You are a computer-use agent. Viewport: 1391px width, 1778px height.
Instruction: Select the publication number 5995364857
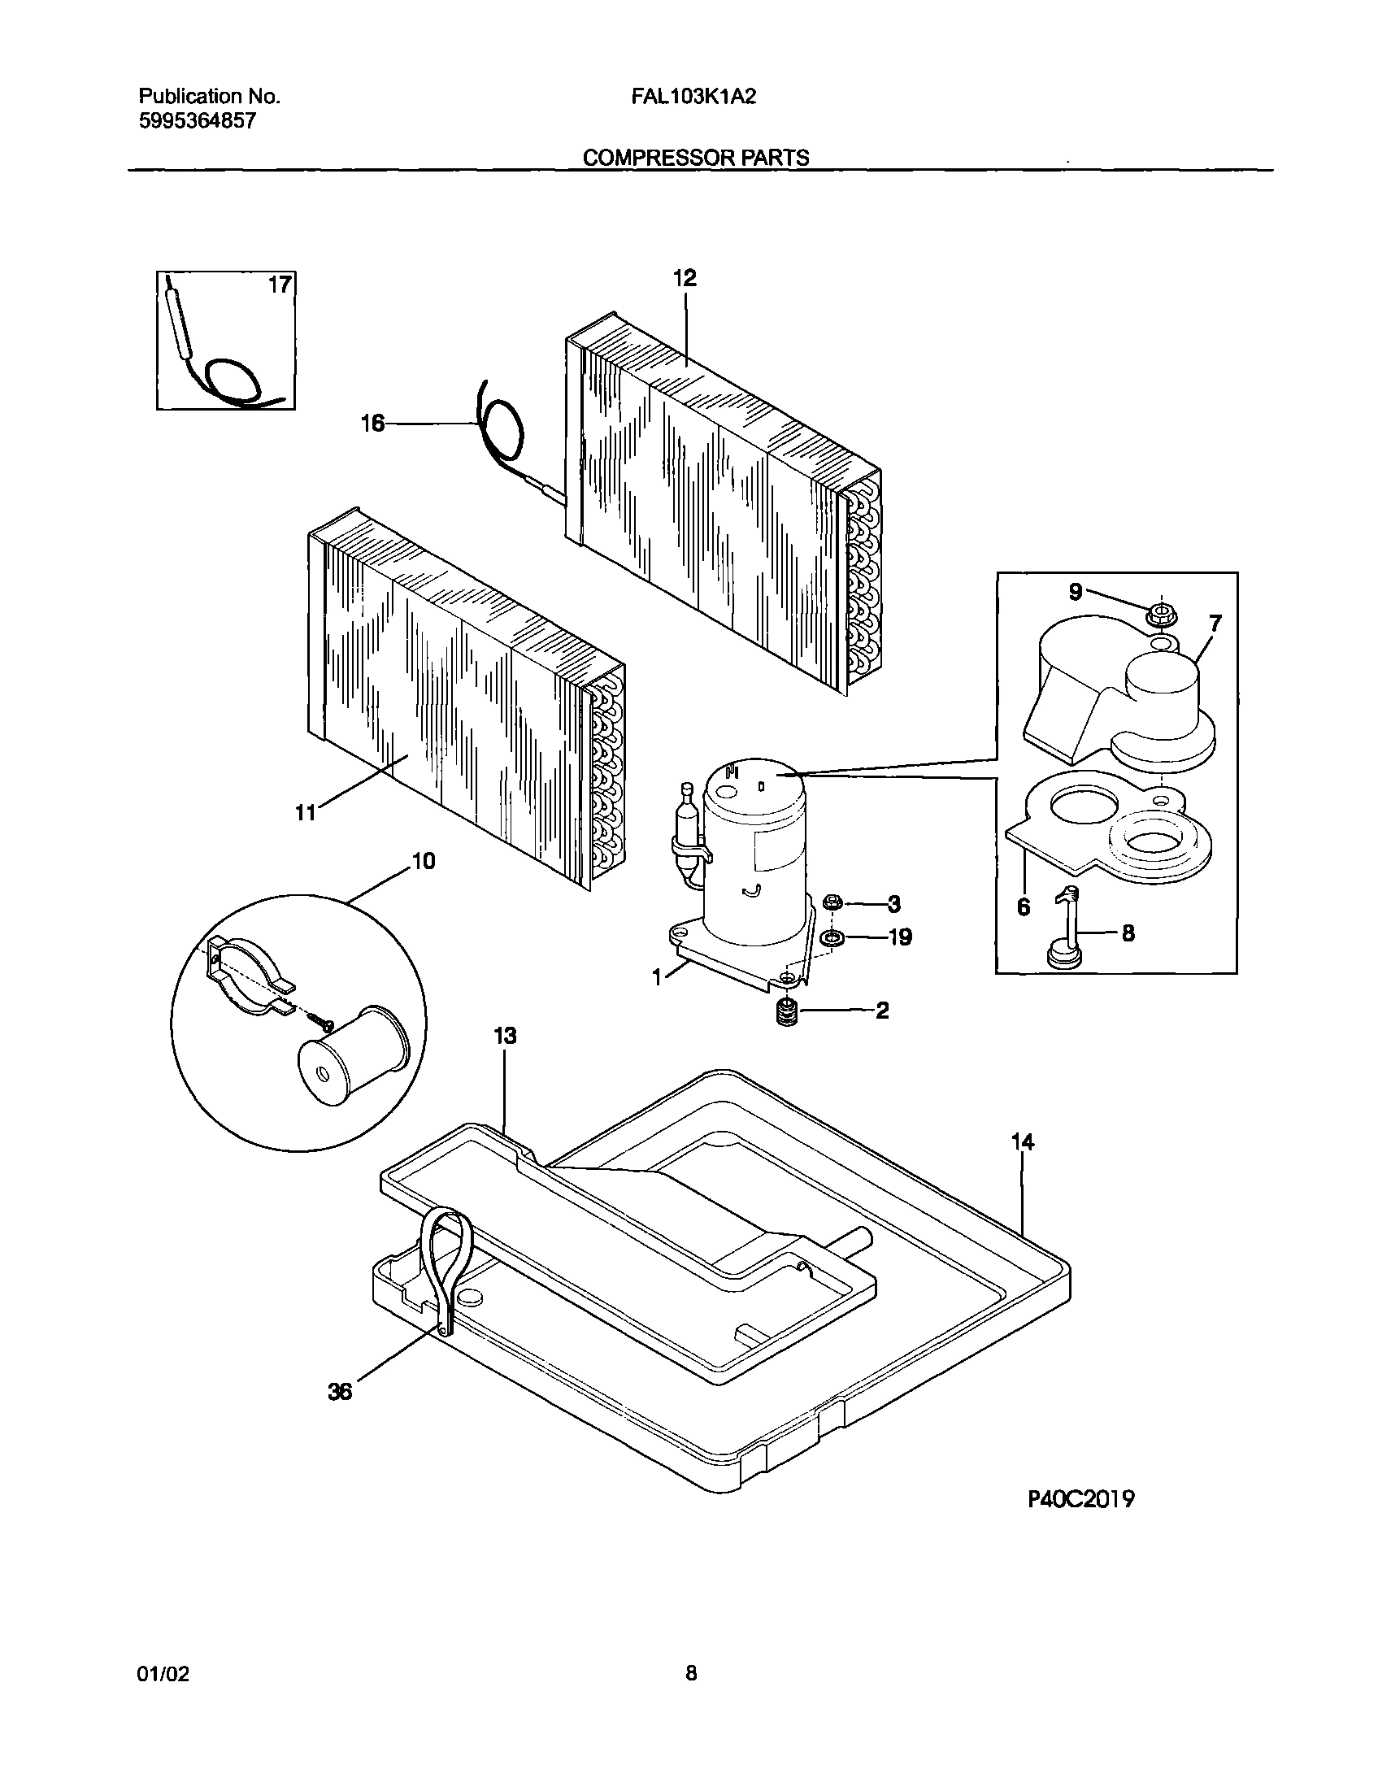click(x=198, y=120)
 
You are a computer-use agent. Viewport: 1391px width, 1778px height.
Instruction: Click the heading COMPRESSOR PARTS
click(x=697, y=158)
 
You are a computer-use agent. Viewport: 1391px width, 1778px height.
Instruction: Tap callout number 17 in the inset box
click(x=280, y=285)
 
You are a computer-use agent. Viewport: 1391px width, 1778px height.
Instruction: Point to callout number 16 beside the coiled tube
click(x=373, y=424)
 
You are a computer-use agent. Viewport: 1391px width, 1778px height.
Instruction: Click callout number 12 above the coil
click(x=684, y=279)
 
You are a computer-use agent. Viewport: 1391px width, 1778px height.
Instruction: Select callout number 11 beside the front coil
click(x=306, y=812)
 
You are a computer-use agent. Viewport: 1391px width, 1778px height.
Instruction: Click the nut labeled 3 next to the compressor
click(x=832, y=902)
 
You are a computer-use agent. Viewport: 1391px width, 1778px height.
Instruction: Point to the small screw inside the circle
click(x=318, y=1018)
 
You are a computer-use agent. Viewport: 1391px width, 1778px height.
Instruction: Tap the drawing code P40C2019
click(x=1080, y=1498)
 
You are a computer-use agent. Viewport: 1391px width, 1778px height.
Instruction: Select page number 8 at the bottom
click(x=690, y=1674)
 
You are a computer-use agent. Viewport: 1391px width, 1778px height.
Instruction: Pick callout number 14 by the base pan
click(x=1023, y=1143)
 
